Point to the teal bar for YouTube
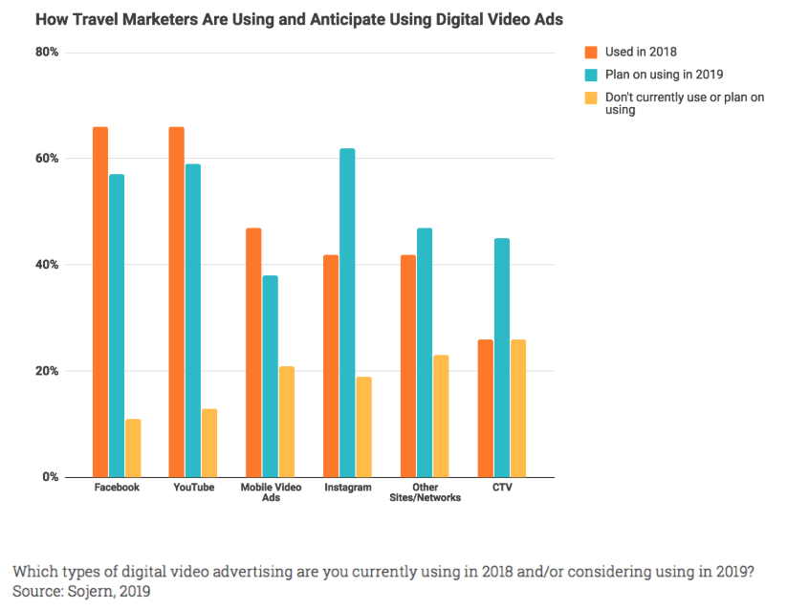click(x=193, y=320)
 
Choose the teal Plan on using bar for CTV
click(x=502, y=358)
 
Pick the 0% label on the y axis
click(x=51, y=477)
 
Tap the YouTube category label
click(x=193, y=488)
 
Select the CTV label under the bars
click(x=502, y=488)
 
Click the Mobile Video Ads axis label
click(x=270, y=492)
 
